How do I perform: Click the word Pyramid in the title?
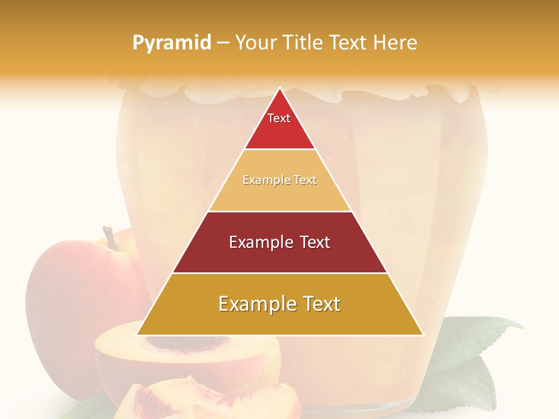(171, 43)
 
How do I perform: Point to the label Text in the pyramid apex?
(279, 118)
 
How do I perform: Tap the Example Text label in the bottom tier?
(279, 304)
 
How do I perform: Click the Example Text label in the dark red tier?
(279, 242)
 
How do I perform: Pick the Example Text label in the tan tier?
(279, 180)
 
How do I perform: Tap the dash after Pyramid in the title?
(223, 43)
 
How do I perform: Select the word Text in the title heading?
(349, 42)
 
